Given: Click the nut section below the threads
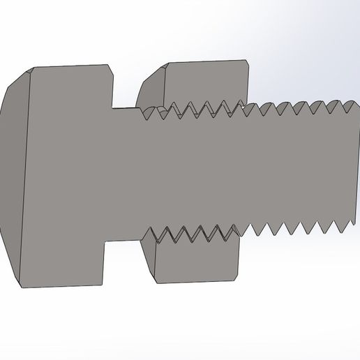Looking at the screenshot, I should (195, 262).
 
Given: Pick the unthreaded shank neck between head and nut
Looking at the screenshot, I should (126, 174).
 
